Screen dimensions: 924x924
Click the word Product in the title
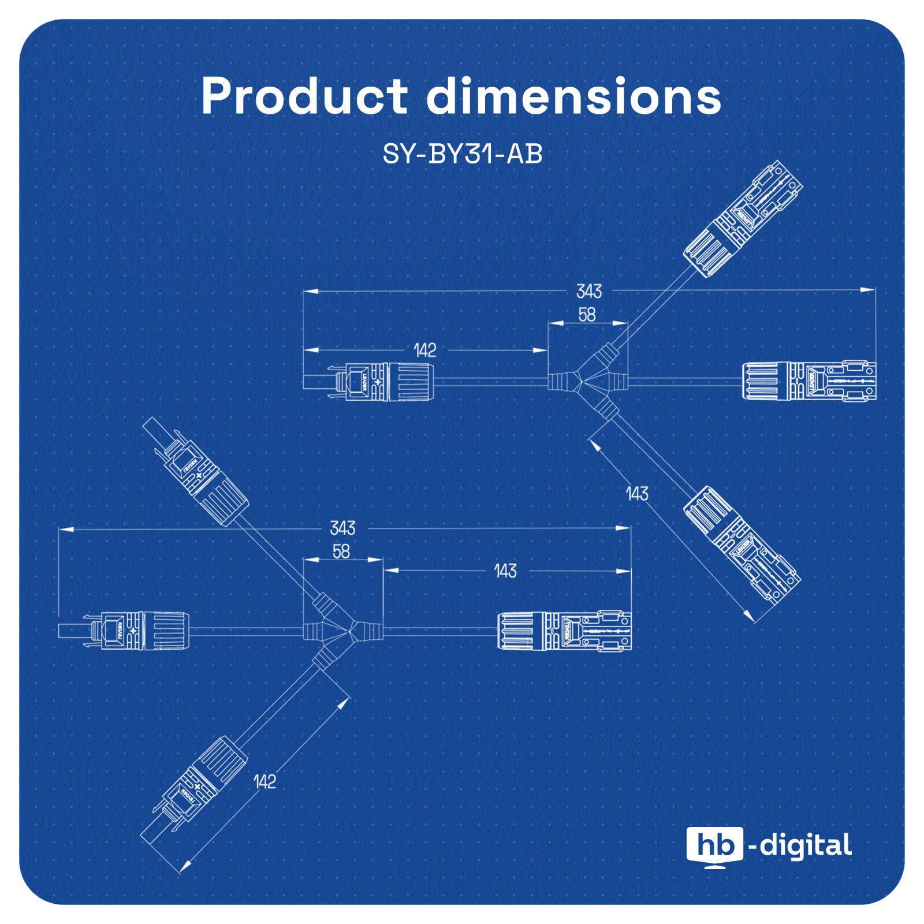(x=304, y=96)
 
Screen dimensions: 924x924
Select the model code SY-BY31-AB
(x=462, y=154)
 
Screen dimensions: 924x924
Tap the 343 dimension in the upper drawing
(x=588, y=291)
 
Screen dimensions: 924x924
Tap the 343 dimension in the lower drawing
(x=342, y=528)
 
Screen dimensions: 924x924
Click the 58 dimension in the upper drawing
(x=587, y=315)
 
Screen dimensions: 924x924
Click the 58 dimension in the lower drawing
(x=341, y=552)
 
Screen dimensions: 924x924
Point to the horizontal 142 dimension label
(x=424, y=350)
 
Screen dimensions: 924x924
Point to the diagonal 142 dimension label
(x=265, y=781)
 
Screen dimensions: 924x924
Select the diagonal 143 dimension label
(x=637, y=494)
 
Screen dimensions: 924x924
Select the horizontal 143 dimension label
(x=505, y=571)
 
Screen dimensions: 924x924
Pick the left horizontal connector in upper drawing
(x=370, y=381)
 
